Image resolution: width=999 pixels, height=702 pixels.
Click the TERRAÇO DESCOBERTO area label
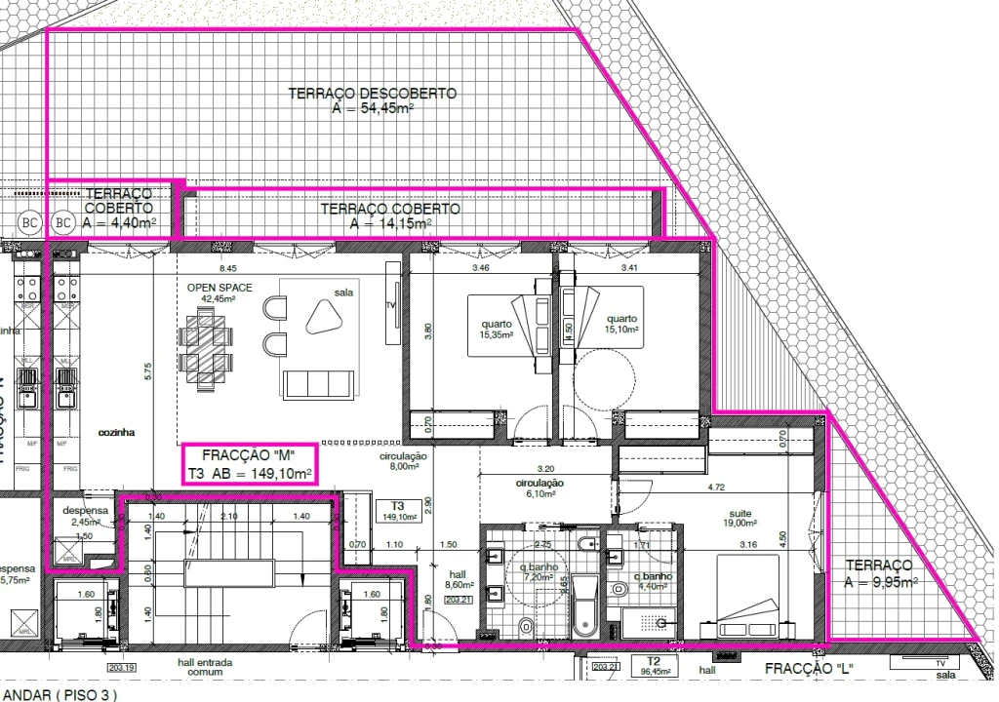point(373,101)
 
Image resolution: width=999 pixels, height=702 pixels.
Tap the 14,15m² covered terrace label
point(390,216)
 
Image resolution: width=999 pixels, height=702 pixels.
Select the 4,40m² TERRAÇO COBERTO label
point(118,209)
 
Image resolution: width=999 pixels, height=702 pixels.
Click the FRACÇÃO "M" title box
point(249,465)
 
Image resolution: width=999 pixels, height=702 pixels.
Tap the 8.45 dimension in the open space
point(227,267)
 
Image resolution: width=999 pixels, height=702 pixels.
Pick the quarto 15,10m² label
point(620,325)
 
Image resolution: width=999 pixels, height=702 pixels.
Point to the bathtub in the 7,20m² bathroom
point(584,604)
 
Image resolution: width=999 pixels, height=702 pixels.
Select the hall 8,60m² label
point(458,580)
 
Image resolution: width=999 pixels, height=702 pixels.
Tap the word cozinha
point(116,431)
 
